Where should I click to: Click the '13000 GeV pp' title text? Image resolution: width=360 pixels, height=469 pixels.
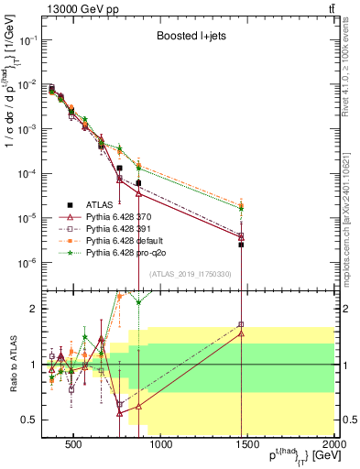click(x=80, y=8)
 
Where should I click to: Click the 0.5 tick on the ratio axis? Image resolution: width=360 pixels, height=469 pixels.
click(x=34, y=420)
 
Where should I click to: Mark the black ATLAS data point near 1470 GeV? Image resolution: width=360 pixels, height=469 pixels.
click(x=241, y=245)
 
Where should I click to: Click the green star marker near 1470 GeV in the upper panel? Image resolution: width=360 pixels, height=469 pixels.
click(x=241, y=208)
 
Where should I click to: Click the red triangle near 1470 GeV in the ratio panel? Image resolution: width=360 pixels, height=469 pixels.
click(x=241, y=333)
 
